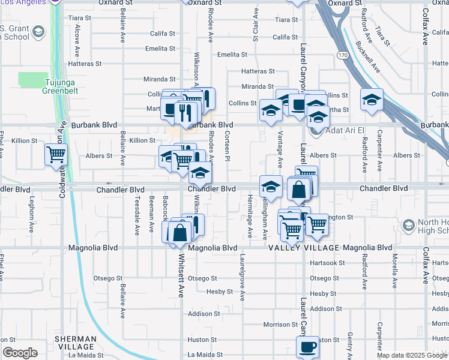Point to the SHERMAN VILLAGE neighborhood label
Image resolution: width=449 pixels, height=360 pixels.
75,343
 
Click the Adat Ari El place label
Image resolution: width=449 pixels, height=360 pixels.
345,130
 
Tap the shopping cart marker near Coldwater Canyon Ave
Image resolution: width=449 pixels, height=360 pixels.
56,155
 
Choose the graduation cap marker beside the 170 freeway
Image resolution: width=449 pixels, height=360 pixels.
372,99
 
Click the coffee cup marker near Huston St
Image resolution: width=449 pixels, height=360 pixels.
307,346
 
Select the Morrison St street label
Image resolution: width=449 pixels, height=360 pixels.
277,325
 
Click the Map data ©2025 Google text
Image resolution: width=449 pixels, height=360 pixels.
412,355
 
